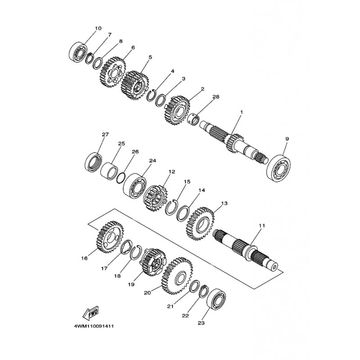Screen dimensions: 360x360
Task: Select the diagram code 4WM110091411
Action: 94,326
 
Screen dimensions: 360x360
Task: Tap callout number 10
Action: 98,28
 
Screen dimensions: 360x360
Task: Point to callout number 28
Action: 216,97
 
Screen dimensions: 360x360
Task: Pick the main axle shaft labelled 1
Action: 234,139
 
